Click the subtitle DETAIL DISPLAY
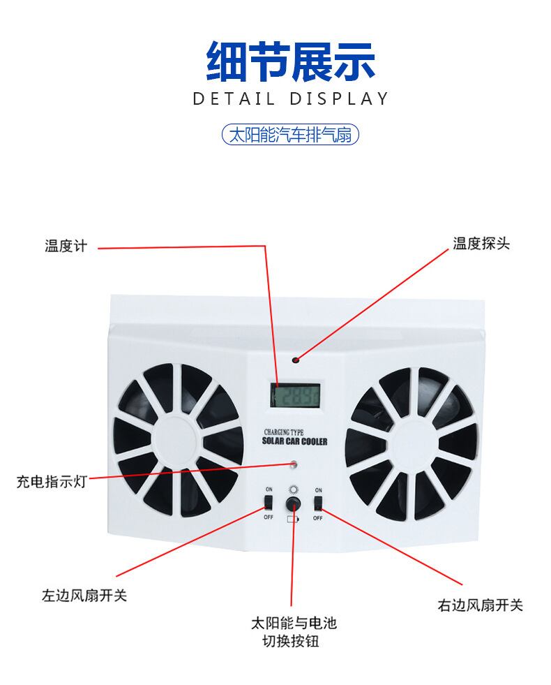[290, 98]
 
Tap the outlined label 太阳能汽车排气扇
[290, 134]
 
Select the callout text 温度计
[66, 246]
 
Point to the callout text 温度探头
[481, 244]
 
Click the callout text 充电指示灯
[52, 482]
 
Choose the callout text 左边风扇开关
[84, 596]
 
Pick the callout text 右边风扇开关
[480, 605]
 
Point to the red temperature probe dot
[295, 360]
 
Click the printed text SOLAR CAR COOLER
[294, 442]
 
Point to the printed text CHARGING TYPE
[284, 433]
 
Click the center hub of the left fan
[179, 439]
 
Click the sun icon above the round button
[294, 489]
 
